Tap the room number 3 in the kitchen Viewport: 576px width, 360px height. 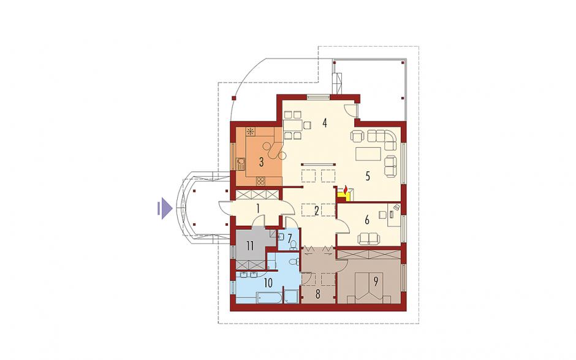[x=261, y=162]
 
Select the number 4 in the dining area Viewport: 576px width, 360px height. [x=324, y=123]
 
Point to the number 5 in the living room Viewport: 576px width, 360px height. [x=367, y=176]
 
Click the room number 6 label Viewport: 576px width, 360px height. [x=366, y=220]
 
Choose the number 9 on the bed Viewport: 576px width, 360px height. [x=376, y=281]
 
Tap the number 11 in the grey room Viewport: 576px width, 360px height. [x=250, y=246]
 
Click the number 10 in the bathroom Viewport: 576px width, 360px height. [x=268, y=283]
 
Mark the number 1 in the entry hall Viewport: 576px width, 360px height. [x=258, y=209]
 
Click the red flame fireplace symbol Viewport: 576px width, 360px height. [x=345, y=190]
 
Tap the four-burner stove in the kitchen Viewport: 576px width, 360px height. [x=260, y=180]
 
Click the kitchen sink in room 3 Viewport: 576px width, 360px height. [x=241, y=163]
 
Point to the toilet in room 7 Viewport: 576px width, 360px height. [x=293, y=245]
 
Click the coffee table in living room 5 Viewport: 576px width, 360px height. [x=368, y=154]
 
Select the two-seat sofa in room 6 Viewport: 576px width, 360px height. [x=369, y=239]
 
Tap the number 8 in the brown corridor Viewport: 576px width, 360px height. [x=318, y=294]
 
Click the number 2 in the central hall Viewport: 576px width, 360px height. [x=316, y=211]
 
